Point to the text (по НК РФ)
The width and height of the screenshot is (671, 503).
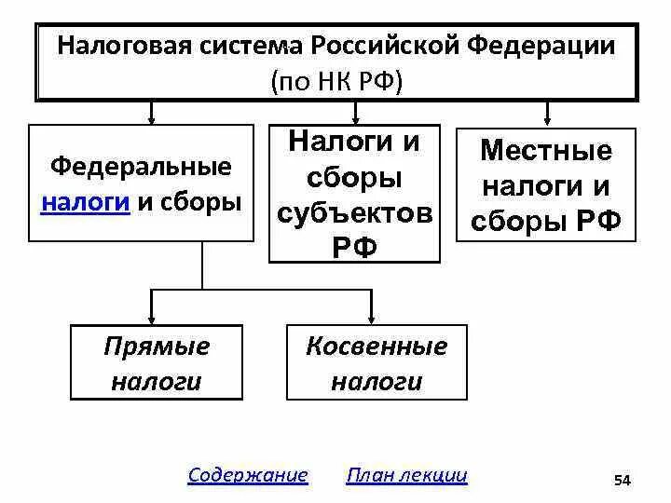(x=336, y=80)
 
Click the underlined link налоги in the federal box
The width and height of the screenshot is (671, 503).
(x=84, y=202)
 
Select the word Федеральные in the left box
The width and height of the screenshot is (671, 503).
(x=140, y=168)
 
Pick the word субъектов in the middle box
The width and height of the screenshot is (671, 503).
(x=354, y=214)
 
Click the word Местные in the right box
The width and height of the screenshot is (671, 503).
(x=545, y=151)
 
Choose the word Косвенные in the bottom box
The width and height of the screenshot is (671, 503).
(x=377, y=347)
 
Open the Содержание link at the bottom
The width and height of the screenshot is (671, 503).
(x=247, y=475)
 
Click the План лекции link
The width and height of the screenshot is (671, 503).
(x=406, y=475)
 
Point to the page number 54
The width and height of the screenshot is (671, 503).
(x=623, y=480)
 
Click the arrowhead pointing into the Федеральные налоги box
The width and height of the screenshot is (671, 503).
(x=152, y=117)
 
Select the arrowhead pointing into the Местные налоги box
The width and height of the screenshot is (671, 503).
(x=548, y=117)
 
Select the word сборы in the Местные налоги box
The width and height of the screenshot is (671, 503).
(x=516, y=222)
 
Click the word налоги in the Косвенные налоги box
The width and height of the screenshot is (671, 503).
(x=377, y=382)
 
